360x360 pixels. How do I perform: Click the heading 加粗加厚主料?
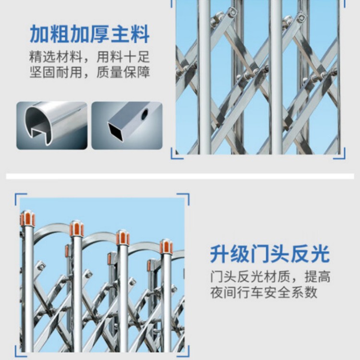tap(90, 35)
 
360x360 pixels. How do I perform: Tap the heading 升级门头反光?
tap(270, 254)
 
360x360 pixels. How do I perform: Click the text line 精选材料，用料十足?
tap(90, 57)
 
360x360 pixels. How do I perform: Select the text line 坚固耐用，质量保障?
tap(90, 72)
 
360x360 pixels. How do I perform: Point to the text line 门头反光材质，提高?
tap(270, 277)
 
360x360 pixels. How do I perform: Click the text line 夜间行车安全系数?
tap(264, 292)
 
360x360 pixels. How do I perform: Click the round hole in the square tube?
tap(144, 114)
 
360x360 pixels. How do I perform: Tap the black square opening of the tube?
tap(116, 132)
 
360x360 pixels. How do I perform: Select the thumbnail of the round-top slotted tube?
tap(52, 126)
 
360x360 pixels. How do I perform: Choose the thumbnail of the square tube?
tap(127, 126)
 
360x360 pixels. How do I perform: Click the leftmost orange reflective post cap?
tap(27, 218)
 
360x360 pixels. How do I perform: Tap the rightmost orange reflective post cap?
tap(166, 247)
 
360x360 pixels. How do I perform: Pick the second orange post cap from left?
tap(77, 228)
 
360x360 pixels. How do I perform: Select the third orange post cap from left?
tap(122, 238)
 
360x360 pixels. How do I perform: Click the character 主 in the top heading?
tap(120, 35)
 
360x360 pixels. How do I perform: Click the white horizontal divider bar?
tap(180, 176)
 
